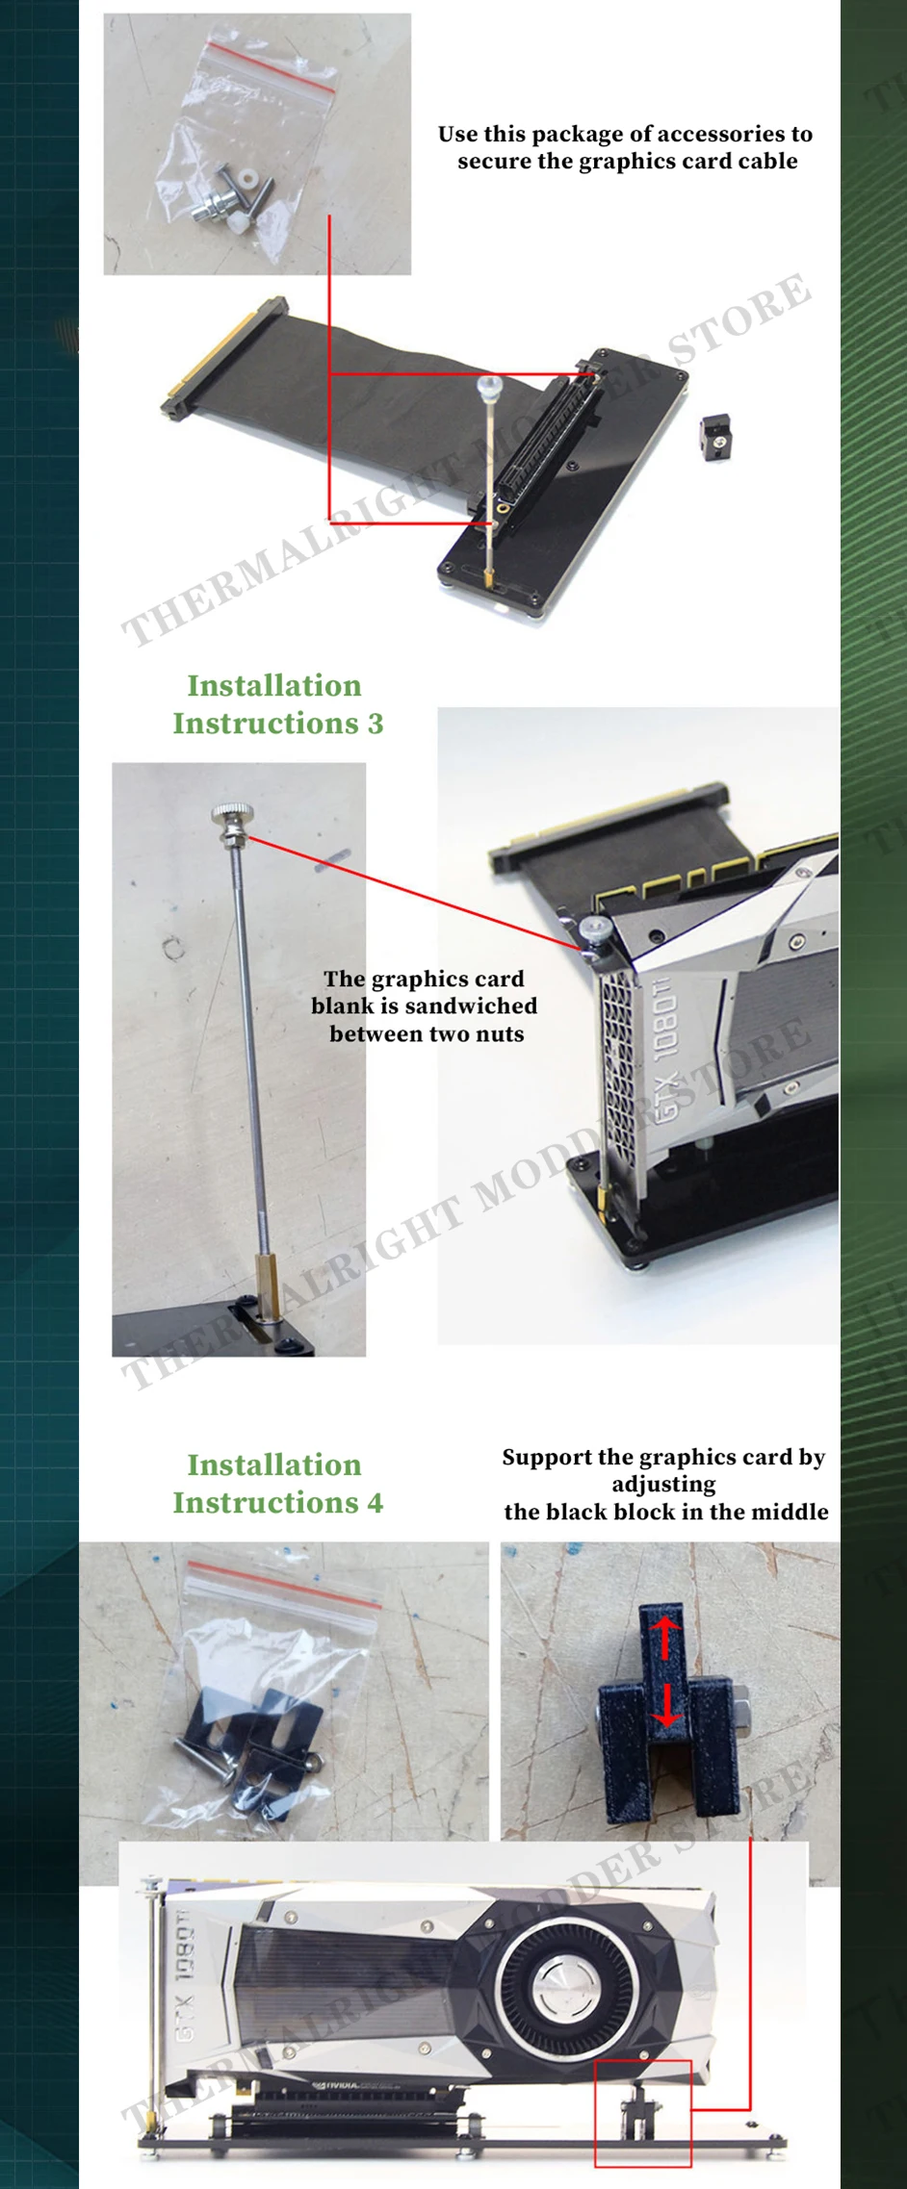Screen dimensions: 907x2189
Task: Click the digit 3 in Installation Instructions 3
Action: (375, 724)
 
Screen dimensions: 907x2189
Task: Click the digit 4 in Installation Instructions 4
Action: (375, 1503)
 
